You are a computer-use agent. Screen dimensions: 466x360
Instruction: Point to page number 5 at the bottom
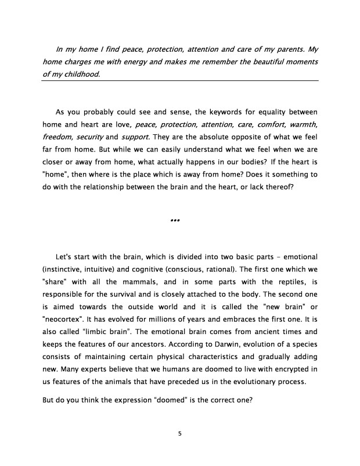pyautogui.click(x=180, y=432)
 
